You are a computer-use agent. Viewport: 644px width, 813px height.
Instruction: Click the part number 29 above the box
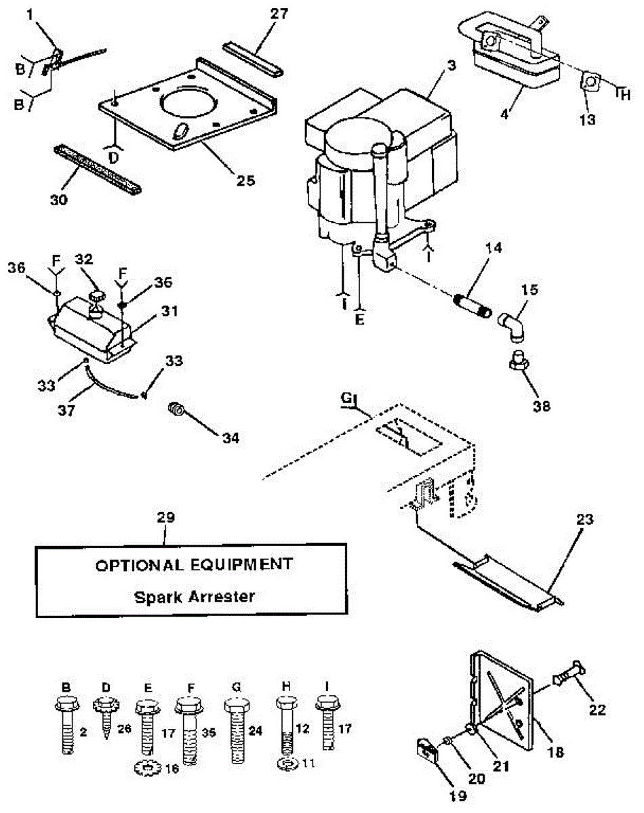coord(165,518)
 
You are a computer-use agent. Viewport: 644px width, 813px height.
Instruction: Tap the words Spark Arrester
coord(194,597)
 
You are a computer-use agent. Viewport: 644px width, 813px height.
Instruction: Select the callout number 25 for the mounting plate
coord(246,180)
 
